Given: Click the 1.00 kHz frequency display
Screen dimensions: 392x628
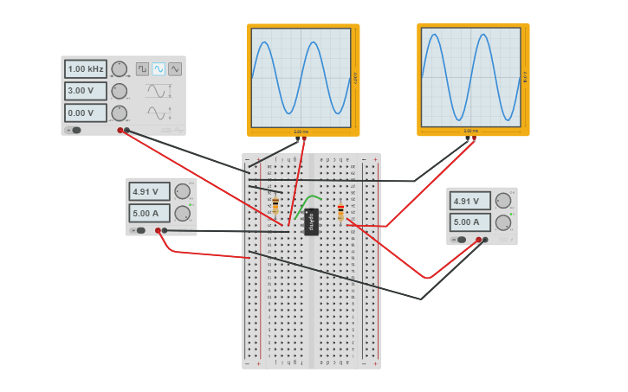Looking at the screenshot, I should [86, 68].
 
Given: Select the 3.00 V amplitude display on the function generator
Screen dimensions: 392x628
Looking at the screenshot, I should [86, 91].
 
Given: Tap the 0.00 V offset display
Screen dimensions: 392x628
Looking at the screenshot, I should [86, 112].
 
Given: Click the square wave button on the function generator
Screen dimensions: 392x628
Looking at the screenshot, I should [142, 69].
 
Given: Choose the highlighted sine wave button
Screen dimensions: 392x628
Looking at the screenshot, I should [159, 69].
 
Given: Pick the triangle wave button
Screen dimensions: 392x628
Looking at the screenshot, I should [175, 69].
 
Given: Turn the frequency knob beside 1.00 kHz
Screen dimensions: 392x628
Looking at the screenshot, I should [120, 68].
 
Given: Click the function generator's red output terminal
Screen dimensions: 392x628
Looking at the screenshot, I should [120, 131].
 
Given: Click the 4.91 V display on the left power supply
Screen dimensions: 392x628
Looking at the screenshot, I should [149, 191].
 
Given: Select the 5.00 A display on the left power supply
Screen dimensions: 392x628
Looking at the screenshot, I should [149, 213].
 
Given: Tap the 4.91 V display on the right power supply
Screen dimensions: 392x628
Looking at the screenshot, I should [469, 201].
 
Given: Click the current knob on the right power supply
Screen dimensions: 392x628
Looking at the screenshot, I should [502, 222].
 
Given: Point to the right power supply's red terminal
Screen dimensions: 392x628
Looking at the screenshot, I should [478, 240].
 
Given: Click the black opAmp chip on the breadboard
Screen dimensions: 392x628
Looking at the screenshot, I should [312, 222].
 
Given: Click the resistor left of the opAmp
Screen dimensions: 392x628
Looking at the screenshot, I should [275, 206].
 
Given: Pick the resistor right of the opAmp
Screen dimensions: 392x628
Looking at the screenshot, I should [340, 212].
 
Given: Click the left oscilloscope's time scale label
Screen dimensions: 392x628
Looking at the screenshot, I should [301, 132].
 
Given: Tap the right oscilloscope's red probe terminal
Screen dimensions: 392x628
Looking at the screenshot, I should [474, 137].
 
